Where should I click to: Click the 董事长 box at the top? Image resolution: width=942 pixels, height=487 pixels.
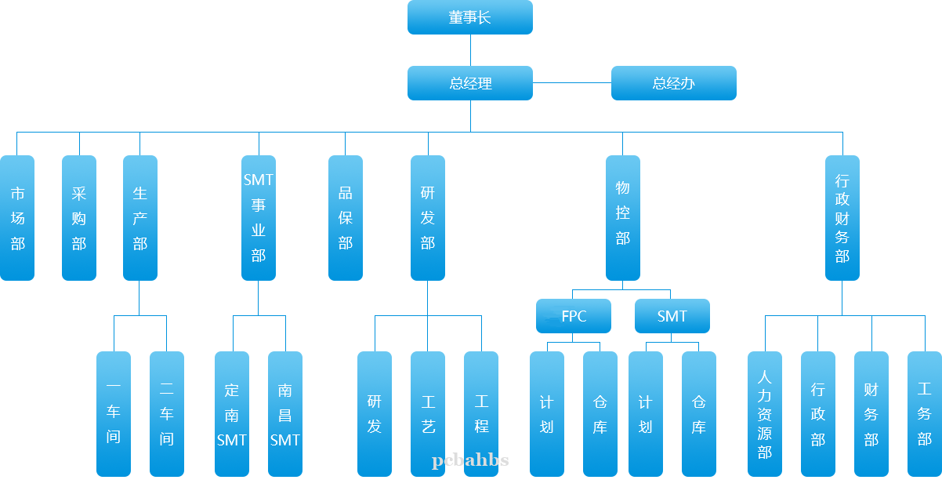point(470,17)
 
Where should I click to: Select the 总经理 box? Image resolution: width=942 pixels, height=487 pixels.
point(470,83)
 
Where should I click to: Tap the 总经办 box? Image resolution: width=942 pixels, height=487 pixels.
point(673,83)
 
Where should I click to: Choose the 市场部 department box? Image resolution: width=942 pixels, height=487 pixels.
point(17,218)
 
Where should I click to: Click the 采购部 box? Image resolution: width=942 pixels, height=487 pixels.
point(79,218)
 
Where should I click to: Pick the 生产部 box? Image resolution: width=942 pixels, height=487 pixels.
point(140,218)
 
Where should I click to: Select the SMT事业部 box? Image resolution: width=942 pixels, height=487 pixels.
point(259,218)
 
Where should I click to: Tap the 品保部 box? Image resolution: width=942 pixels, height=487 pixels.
point(346,218)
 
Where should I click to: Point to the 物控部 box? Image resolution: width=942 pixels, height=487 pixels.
point(623,218)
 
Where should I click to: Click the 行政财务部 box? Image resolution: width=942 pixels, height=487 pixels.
point(842,218)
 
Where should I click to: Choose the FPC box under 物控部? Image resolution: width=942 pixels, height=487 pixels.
point(574,316)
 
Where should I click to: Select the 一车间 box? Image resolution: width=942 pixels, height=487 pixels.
point(114,413)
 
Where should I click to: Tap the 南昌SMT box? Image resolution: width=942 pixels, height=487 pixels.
point(285,413)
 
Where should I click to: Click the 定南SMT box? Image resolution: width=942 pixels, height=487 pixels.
point(232,413)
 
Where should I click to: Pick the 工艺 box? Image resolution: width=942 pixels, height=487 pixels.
point(428,413)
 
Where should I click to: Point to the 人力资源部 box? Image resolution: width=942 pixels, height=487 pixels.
point(765,413)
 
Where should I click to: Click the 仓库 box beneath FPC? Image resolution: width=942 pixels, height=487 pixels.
point(600,413)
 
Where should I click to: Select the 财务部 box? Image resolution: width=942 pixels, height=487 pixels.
point(871,413)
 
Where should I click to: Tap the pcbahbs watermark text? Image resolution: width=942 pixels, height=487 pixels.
point(470,460)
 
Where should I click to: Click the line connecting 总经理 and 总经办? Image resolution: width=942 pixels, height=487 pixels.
point(572,82)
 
